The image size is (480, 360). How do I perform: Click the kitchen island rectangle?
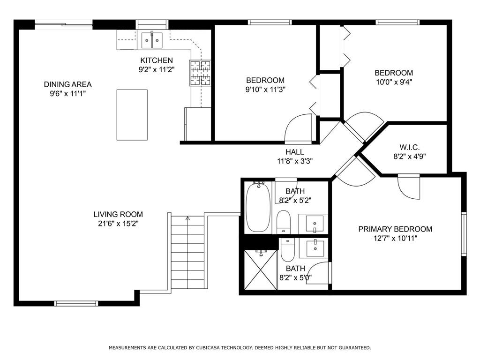[x=132, y=114]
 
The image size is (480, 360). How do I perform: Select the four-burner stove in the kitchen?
[x=200, y=73]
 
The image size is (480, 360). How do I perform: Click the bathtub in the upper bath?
[x=258, y=207]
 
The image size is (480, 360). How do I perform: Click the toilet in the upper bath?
[x=284, y=221]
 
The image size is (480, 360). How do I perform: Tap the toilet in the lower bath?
[x=287, y=251]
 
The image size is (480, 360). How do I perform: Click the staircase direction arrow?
[x=187, y=218]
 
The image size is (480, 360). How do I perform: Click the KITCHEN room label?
[x=157, y=60]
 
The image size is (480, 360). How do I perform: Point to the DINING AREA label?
[x=67, y=84]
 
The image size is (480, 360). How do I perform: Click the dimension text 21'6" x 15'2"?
[x=118, y=224]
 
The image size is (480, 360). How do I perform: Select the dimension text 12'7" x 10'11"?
[x=395, y=238]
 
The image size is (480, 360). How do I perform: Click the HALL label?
[x=294, y=152]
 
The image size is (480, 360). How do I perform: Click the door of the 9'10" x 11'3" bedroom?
[x=298, y=129]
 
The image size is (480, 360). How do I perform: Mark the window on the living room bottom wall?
[x=76, y=303]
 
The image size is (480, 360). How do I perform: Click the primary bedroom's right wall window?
[x=464, y=234]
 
